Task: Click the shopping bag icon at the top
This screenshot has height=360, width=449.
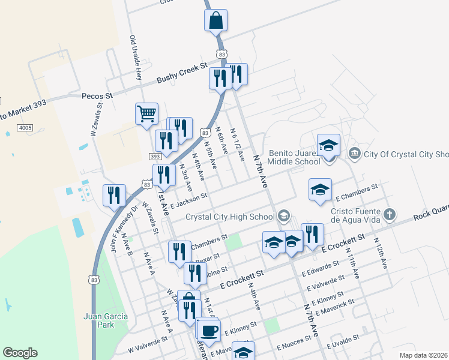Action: pos(215,20)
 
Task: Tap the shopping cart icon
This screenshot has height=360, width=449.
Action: pos(146,113)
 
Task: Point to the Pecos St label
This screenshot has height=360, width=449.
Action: pos(97,95)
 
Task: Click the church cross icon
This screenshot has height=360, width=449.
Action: pos(390,214)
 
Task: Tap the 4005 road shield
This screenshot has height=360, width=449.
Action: pos(25,128)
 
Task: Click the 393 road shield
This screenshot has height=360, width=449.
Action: pos(155,157)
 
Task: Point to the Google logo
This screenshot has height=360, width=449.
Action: pos(20,353)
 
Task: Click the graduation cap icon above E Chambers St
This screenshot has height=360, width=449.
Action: pos(321,190)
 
